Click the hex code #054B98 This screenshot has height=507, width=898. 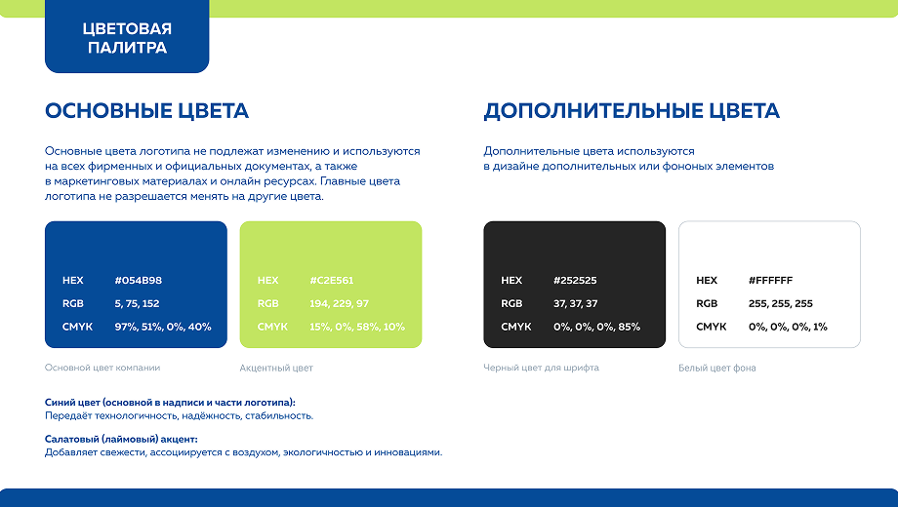[138, 281]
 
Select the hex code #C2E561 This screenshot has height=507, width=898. [332, 281]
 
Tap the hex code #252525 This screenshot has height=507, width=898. [575, 281]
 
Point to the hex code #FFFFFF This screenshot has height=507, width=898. [770, 281]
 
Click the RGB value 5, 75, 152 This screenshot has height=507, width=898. [137, 304]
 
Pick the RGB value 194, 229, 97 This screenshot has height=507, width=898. [339, 304]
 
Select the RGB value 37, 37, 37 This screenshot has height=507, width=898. [576, 304]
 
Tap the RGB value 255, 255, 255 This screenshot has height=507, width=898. [781, 304]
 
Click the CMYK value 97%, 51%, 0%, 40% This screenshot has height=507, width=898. [163, 327]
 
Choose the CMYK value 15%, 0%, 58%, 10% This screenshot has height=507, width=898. [357, 327]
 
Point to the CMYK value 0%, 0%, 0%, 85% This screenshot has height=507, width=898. [596, 327]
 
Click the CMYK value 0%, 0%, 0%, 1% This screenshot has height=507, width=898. [788, 327]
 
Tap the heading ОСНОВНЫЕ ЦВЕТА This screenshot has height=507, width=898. [146, 111]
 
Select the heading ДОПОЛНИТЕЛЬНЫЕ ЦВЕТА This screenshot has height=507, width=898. [632, 111]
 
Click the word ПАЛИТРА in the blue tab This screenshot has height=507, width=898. [127, 48]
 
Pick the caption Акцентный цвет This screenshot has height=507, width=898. [276, 368]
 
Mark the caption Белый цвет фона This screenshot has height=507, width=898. [717, 368]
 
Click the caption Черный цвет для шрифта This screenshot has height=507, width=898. [541, 368]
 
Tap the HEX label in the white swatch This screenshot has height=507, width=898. [707, 281]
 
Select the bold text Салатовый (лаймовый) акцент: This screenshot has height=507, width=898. [121, 440]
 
